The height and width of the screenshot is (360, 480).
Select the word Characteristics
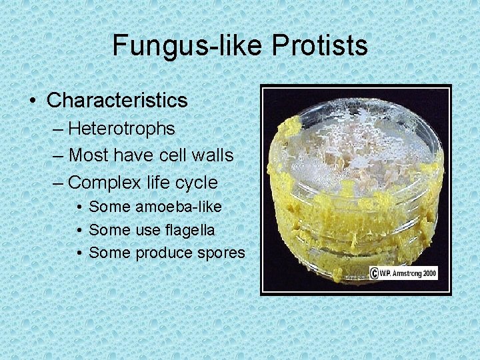[x=117, y=101]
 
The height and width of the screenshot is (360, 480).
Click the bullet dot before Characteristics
[x=33, y=101]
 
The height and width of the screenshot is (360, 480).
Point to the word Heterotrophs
[x=121, y=128]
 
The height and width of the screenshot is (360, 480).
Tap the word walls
[x=212, y=155]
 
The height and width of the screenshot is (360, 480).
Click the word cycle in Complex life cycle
[x=195, y=182]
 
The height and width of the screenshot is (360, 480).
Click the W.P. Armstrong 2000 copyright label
[x=403, y=273]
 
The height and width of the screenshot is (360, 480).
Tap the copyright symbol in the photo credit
[x=375, y=273]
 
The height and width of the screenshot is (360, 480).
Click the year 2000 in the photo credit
[x=427, y=273]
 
